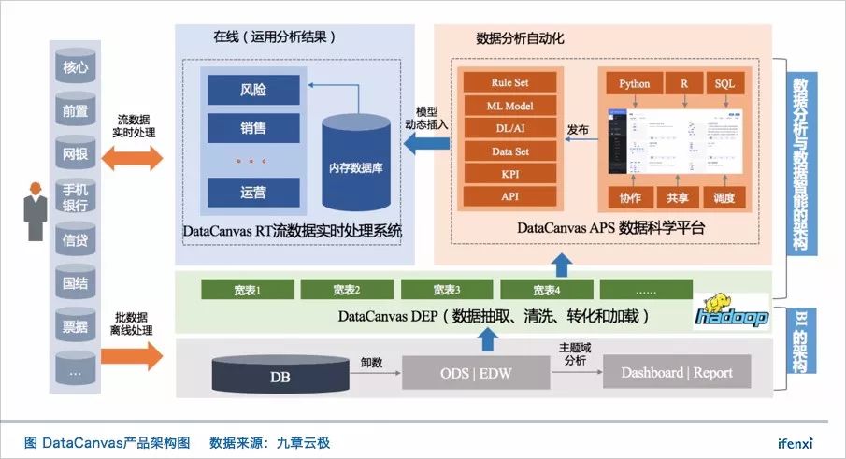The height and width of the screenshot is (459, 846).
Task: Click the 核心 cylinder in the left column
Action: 75,67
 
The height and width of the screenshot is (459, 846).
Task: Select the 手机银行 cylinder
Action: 75,195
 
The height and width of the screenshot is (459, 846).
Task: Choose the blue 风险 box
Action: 252,91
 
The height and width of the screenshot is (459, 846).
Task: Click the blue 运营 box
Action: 252,193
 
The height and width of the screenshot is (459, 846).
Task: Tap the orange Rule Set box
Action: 509,82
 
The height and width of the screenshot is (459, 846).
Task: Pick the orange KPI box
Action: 509,174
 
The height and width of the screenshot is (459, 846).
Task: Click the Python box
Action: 634,84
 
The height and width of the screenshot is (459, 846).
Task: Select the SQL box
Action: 725,84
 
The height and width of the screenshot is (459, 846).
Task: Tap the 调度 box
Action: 725,198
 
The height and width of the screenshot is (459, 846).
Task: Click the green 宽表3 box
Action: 446,289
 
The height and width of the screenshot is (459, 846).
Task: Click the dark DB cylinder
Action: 279,374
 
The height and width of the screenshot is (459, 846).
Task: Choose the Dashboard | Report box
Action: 676,373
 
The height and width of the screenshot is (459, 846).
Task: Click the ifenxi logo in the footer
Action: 796,442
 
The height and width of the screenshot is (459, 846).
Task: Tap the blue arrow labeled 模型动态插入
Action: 423,140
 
